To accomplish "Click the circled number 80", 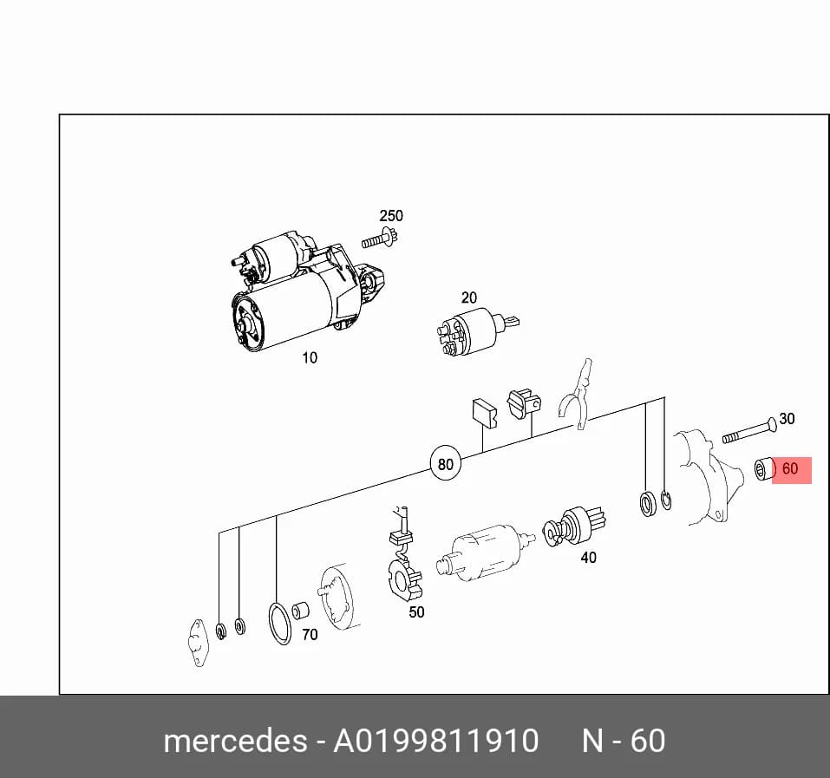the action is click(x=446, y=464).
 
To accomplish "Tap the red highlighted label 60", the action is click(x=791, y=470).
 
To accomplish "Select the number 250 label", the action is click(x=391, y=216).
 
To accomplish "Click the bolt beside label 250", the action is click(x=380, y=238).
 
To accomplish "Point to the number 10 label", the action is click(x=310, y=357).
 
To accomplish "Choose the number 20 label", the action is click(x=469, y=298).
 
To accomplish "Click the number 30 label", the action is click(x=788, y=419).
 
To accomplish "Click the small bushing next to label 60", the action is click(x=765, y=470).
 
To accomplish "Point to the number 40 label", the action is click(x=589, y=558).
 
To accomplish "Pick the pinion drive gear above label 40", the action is click(x=574, y=527).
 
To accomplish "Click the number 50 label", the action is click(x=416, y=612).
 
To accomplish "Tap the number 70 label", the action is click(x=310, y=634).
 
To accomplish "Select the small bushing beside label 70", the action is click(x=301, y=611).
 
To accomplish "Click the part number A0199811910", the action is click(x=435, y=741).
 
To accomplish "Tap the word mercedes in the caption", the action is click(x=236, y=741).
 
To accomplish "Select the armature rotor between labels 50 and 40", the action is click(x=485, y=553).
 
